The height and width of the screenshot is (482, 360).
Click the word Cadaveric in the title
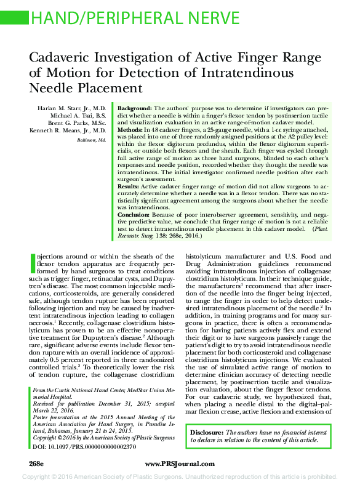(x=62, y=58)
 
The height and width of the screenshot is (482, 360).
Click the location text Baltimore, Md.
(x=91, y=140)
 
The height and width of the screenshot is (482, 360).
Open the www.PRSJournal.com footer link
(x=180, y=462)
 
